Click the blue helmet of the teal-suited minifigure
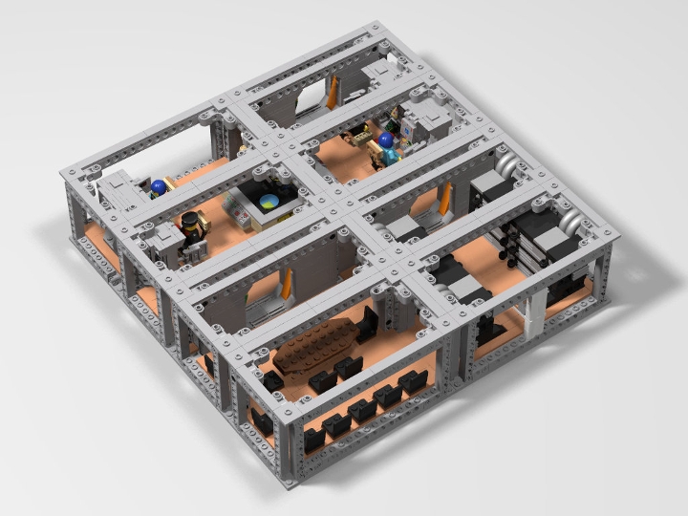[x=386, y=140]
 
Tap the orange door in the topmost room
[x=332, y=93]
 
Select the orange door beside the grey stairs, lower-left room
[x=285, y=286]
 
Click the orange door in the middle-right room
[x=443, y=205]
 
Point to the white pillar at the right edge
[x=535, y=311]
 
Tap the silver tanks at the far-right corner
[x=570, y=224]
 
